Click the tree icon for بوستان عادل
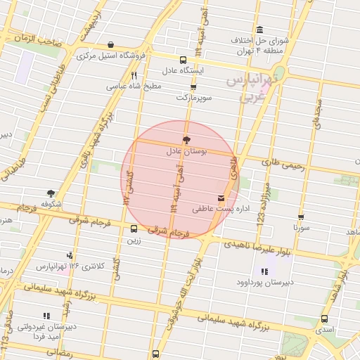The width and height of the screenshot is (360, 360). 186,139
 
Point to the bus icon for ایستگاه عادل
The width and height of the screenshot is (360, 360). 184,60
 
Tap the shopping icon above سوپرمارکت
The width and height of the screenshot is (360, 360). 193,87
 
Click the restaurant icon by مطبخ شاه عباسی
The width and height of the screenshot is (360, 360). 134,75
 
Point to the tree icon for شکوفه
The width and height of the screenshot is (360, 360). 51,193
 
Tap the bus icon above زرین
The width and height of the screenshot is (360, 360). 134,229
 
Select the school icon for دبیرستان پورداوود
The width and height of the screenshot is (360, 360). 264,271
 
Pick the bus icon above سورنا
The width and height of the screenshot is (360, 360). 301,217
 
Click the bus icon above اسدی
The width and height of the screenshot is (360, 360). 323,318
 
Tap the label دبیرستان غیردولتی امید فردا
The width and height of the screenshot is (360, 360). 45,332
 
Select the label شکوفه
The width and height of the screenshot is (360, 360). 51,204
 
